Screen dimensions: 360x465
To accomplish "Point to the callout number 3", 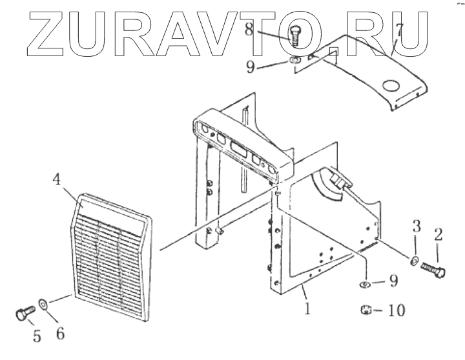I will pos(416,226).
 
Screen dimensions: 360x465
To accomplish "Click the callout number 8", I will pos(266,28).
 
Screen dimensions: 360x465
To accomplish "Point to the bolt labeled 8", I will pos(294,36).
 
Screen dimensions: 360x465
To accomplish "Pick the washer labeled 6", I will pos(43,302).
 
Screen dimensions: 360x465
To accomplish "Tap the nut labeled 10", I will pos(365,311).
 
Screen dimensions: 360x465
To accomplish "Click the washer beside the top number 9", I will pos(295,61).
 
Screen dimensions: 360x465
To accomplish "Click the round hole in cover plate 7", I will pos(392,85).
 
